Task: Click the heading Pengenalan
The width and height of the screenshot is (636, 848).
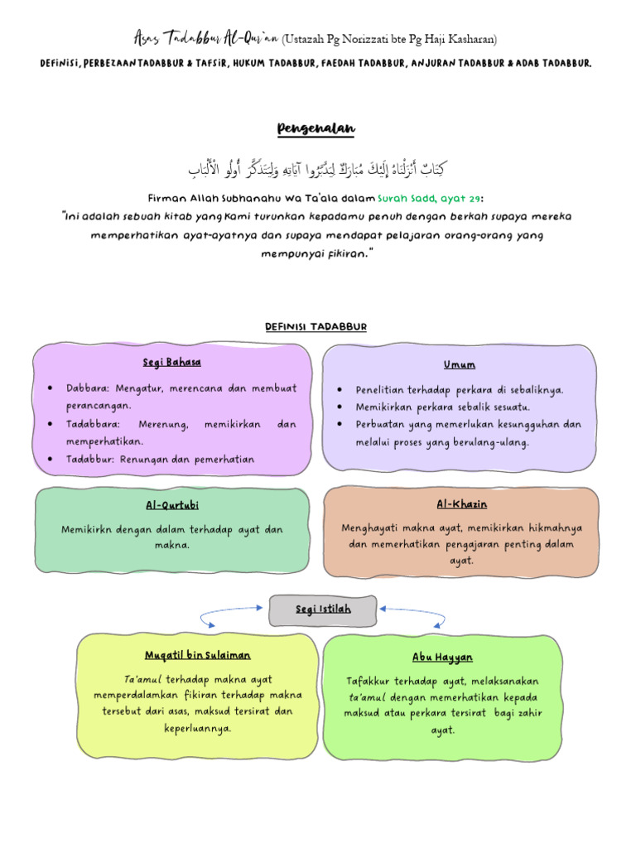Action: coord(316,128)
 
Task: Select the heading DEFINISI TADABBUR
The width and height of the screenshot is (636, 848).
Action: coord(316,326)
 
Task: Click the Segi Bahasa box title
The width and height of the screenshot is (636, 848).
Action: coord(171,363)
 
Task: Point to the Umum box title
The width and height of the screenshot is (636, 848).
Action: coord(459,364)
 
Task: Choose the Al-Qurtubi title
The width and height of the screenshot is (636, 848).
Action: coord(172,505)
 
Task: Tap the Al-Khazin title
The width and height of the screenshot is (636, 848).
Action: coord(461,504)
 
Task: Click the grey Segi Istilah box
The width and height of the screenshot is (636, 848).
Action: coord(323,609)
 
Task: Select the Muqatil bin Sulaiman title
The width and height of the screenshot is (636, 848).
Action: coord(197,655)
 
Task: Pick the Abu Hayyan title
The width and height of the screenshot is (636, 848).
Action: coord(442,658)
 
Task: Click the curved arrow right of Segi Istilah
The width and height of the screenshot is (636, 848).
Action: coord(412,614)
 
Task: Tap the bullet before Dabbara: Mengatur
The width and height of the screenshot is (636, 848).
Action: coord(51,388)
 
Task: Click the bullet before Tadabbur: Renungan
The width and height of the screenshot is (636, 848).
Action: coord(51,459)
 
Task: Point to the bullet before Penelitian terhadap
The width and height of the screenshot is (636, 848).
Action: coord(340,389)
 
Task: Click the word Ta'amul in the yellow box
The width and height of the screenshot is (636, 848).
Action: coord(141,679)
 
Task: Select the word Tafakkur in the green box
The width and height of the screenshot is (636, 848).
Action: coord(370,682)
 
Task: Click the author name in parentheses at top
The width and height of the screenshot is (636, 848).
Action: coord(390,39)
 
